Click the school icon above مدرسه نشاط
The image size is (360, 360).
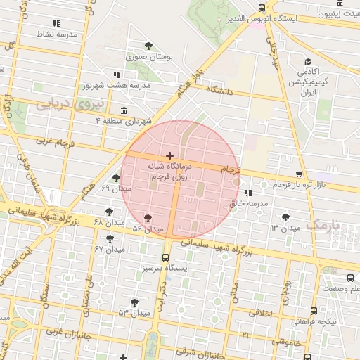[37, 23]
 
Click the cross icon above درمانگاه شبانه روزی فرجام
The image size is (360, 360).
[169, 155]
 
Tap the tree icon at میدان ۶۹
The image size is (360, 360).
[116, 178]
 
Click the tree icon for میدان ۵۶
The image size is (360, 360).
[147, 219]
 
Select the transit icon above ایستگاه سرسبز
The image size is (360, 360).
[166, 257]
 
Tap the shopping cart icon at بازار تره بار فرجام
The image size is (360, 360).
[299, 174]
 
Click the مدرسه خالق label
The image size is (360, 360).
[249, 203]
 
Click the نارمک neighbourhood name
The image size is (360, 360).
[323, 225]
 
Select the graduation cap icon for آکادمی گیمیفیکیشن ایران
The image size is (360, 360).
[309, 62]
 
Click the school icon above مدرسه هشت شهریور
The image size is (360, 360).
[117, 75]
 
